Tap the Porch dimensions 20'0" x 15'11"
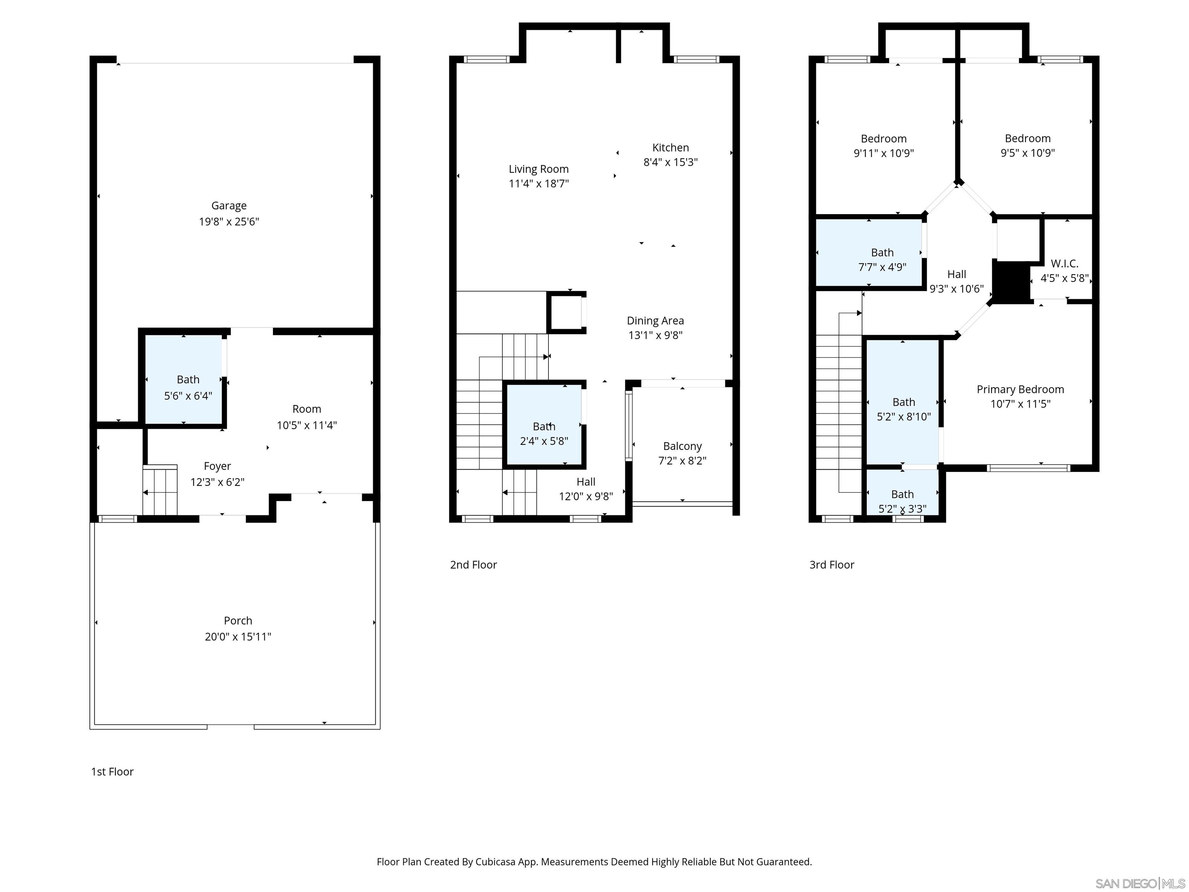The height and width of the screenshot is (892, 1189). click(238, 636)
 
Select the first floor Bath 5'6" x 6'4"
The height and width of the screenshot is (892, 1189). click(188, 387)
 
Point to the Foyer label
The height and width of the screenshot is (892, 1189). click(217, 466)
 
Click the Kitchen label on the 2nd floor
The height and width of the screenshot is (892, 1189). click(670, 148)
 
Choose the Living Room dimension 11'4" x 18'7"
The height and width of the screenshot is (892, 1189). click(539, 184)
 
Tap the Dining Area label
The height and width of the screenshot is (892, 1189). click(655, 321)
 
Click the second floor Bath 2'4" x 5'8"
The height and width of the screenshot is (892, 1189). click(543, 433)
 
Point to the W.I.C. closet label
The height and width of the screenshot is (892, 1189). click(1064, 264)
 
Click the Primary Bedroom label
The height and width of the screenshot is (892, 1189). click(1020, 389)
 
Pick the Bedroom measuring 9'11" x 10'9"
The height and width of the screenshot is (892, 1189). click(883, 146)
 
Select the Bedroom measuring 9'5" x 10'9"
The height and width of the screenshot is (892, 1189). click(1027, 145)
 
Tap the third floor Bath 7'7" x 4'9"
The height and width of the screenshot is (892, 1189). click(882, 259)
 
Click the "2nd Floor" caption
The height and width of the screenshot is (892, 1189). click(473, 564)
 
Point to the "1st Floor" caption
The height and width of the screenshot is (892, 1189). click(112, 772)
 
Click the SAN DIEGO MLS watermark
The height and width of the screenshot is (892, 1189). click(1139, 883)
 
